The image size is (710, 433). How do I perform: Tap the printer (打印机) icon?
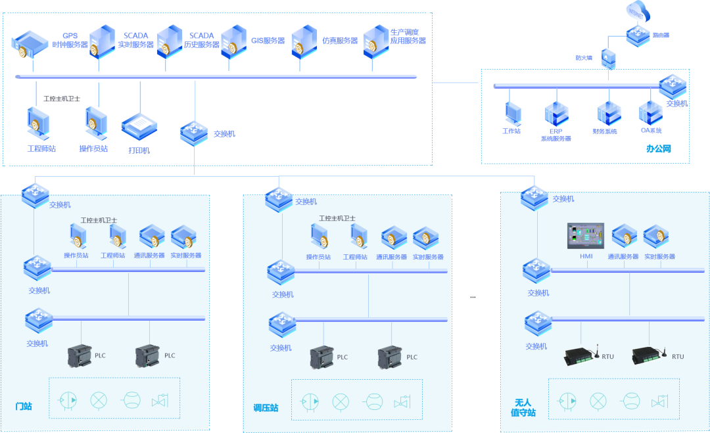click(x=139, y=127)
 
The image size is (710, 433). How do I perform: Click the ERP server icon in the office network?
click(x=555, y=114)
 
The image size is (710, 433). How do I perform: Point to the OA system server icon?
click(x=651, y=112)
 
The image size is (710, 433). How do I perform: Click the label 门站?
click(x=24, y=406)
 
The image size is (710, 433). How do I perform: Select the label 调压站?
click(x=266, y=408)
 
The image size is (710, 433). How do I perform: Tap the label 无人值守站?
click(x=523, y=407)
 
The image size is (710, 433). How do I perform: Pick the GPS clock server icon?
click(x=30, y=43)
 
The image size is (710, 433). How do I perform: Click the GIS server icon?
click(x=234, y=42)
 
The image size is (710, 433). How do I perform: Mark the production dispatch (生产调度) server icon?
click(x=377, y=42)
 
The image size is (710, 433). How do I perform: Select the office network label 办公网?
click(x=657, y=149)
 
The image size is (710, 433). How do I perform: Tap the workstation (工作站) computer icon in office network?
click(x=513, y=113)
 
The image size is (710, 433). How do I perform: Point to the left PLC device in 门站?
click(x=80, y=356)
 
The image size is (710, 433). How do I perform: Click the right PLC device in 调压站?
click(x=390, y=357)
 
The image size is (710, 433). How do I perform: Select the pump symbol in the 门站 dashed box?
click(x=68, y=399)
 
